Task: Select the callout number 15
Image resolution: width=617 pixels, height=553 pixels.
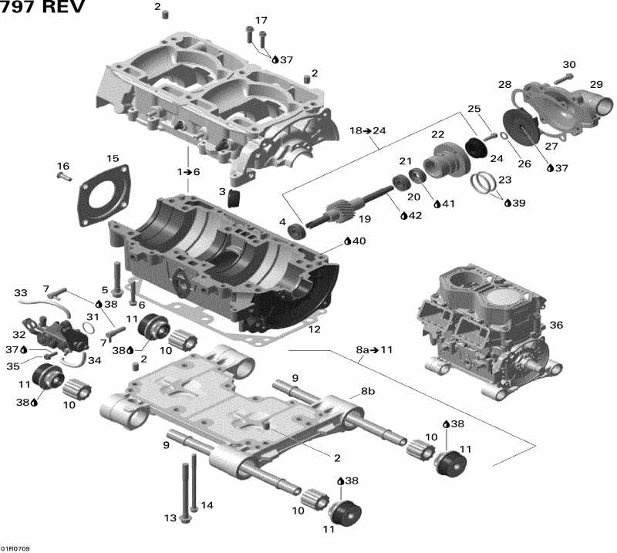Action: (x=113, y=159)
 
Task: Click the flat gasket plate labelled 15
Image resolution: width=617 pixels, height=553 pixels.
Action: (x=104, y=193)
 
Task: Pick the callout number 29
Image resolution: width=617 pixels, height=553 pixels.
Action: (x=596, y=84)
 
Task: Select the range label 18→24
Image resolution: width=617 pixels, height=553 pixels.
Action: (x=368, y=130)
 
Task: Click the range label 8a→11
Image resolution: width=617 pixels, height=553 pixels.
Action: (x=375, y=349)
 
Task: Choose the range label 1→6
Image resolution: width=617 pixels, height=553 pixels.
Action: (x=187, y=171)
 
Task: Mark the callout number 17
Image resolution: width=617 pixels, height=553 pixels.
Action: (x=261, y=20)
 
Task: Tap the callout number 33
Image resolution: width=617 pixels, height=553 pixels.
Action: (x=20, y=293)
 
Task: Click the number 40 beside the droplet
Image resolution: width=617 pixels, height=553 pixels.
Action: (x=358, y=241)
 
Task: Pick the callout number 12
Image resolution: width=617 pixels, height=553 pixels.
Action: (x=314, y=329)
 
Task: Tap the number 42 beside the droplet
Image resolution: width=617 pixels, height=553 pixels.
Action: (x=415, y=215)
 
